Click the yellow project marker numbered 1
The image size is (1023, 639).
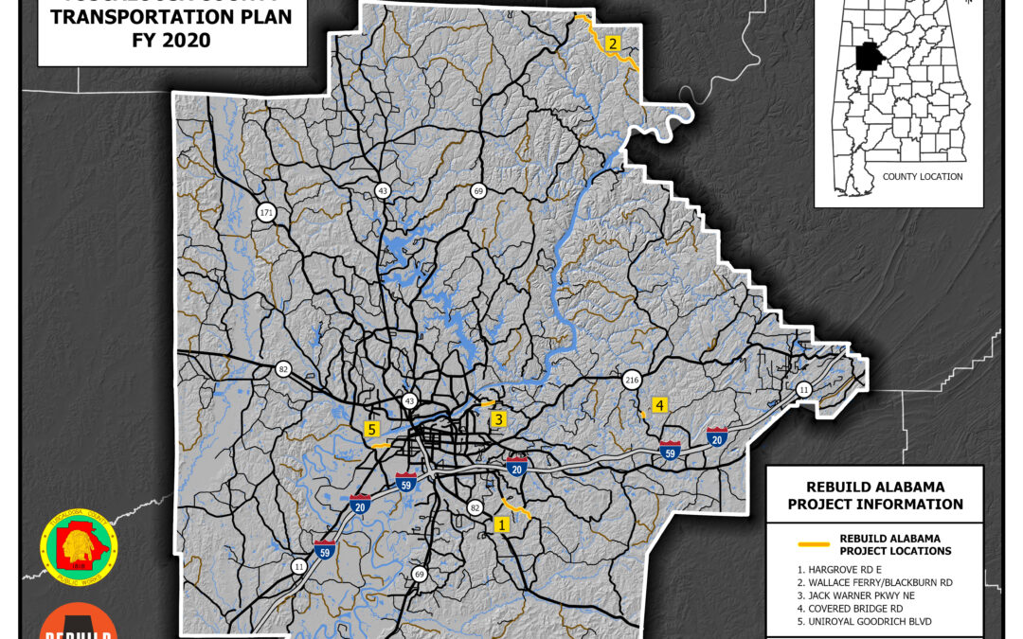click(x=501, y=523)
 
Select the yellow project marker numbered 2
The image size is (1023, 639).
click(x=613, y=44)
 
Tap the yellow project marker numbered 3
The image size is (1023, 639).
click(x=498, y=419)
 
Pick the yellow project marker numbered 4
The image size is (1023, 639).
click(x=659, y=405)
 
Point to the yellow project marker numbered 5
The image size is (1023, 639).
click(x=371, y=429)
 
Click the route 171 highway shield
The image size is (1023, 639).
click(x=266, y=213)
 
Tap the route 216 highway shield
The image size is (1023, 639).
click(x=632, y=380)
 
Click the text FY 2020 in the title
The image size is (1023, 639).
click(x=171, y=41)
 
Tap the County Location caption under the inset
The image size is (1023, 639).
click(x=922, y=177)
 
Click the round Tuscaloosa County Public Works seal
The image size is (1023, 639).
click(x=79, y=549)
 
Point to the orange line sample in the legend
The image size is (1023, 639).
click(x=813, y=544)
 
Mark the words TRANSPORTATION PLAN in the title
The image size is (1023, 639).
click(x=171, y=17)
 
